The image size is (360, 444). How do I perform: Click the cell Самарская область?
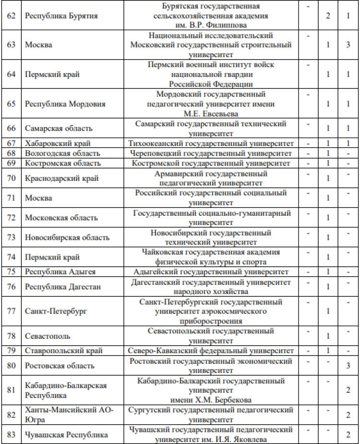coord(59,128)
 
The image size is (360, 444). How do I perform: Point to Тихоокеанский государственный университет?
coord(211,143)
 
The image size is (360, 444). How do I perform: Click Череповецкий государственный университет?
coord(211,153)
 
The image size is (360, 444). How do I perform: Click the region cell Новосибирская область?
coord(67,237)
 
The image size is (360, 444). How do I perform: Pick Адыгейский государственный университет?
coord(211,272)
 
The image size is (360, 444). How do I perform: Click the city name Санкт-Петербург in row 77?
coord(56,311)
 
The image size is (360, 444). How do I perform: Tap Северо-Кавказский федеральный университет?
coord(211,351)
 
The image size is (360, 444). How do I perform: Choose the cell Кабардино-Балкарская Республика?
coord(65,390)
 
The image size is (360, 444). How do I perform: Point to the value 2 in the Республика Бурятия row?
coord(328,16)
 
